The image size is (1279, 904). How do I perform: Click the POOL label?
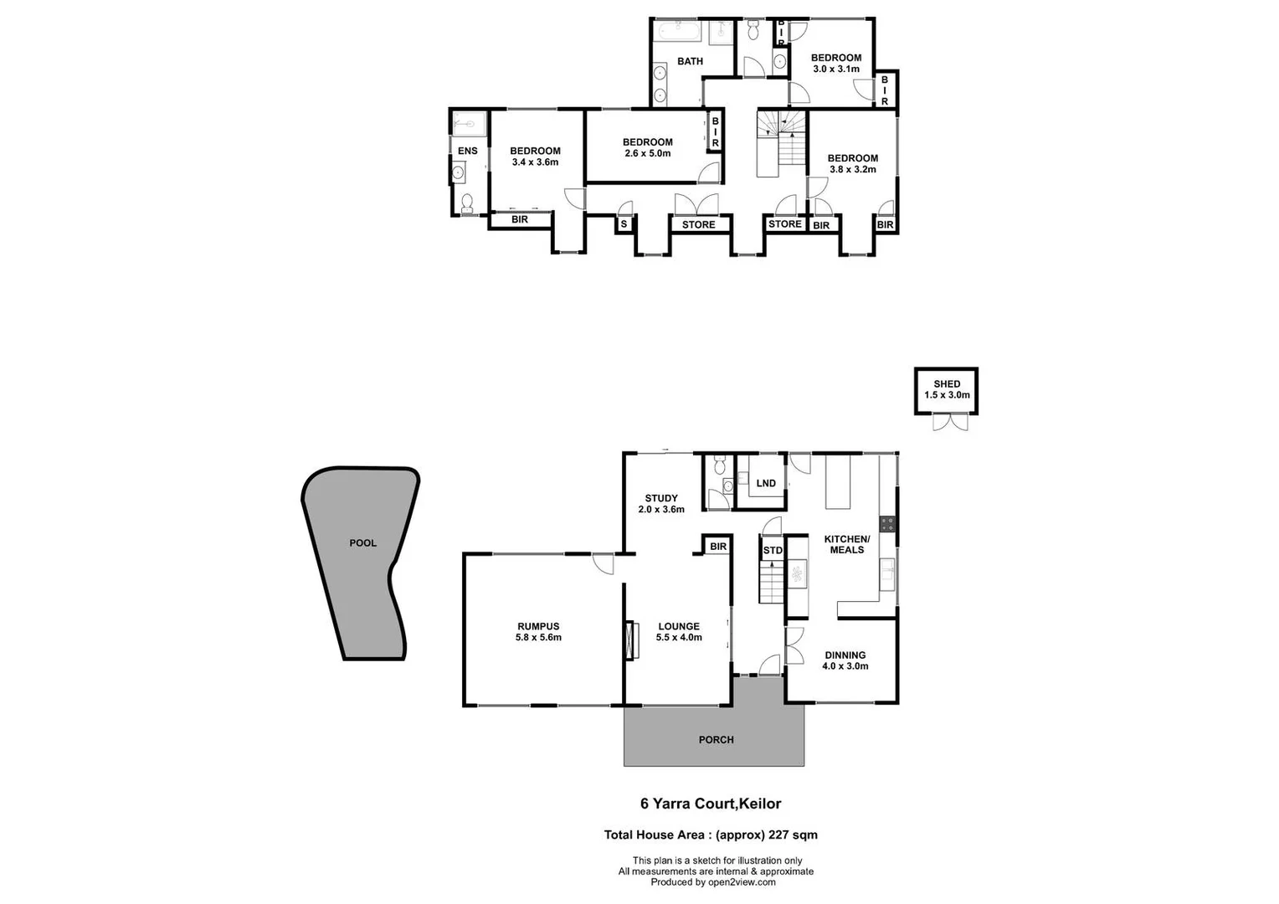pos(362,543)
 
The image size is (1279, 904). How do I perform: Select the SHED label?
pos(947,384)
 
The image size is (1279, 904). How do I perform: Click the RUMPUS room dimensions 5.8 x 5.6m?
pos(538,638)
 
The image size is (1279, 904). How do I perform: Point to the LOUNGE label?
pos(678,626)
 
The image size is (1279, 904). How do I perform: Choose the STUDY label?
pos(660,499)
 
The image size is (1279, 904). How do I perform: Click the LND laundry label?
pos(765,484)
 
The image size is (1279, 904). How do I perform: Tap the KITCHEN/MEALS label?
pos(847,544)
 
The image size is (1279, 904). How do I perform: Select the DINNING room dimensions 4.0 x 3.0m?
pos(845,666)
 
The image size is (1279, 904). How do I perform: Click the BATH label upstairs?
pos(690,61)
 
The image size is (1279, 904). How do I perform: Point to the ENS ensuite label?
pos(467,152)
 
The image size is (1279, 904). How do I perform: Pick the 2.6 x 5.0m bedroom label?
pos(647,153)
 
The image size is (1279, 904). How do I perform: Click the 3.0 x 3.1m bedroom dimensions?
pos(835,69)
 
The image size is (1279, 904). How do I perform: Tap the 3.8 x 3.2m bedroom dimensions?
pos(852,169)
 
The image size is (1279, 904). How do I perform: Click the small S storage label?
pos(624,224)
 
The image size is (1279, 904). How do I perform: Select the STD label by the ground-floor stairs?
pos(772,551)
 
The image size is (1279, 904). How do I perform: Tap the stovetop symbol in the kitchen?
pos(887,525)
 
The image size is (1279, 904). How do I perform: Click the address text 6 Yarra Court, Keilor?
pos(711,804)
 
